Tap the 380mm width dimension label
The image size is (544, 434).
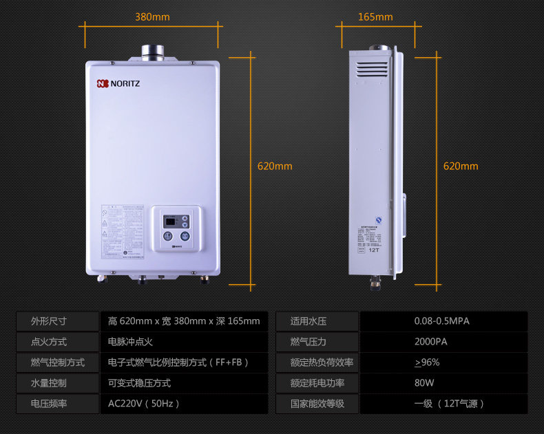pyautogui.click(x=152, y=17)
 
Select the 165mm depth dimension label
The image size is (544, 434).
pyautogui.click(x=375, y=17)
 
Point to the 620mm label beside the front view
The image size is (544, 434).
pyautogui.click(x=275, y=166)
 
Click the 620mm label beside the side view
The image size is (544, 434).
pyautogui.click(x=461, y=166)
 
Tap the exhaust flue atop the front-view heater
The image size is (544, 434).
pyautogui.click(x=150, y=52)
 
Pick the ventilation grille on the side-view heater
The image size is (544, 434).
pyautogui.click(x=372, y=69)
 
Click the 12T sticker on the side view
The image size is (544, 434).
pyautogui.click(x=374, y=250)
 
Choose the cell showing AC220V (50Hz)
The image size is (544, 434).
pyautogui.click(x=144, y=404)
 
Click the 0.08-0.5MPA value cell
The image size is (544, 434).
pyautogui.click(x=441, y=321)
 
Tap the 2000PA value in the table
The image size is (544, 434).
pyautogui.click(x=431, y=342)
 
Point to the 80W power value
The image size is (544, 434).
pyautogui.click(x=423, y=383)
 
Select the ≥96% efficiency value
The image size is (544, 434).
pyautogui.click(x=427, y=362)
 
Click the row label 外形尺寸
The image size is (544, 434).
pyautogui.click(x=49, y=321)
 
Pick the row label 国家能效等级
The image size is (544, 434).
pyautogui.click(x=317, y=404)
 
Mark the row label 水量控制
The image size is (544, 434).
pyautogui.click(x=49, y=383)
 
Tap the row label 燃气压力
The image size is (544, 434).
pyautogui.click(x=308, y=342)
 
